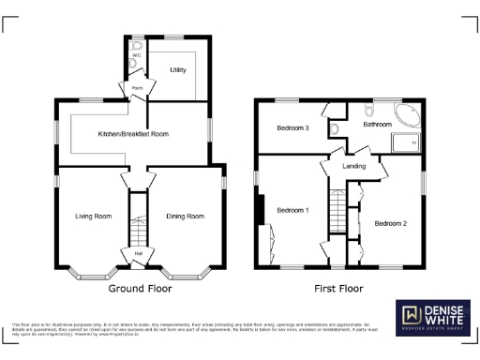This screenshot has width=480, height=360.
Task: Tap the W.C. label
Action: pyautogui.click(x=136, y=54)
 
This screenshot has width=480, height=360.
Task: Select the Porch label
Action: pyautogui.click(x=137, y=91)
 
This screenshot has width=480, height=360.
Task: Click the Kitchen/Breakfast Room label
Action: pyautogui.click(x=133, y=135)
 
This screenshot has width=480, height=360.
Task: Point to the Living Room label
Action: pyautogui.click(x=94, y=216)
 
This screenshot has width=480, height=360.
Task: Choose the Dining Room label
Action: pyautogui.click(x=185, y=216)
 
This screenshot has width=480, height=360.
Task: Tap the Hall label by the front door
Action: pyautogui.click(x=138, y=253)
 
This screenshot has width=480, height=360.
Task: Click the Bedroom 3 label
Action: pyautogui.click(x=292, y=127)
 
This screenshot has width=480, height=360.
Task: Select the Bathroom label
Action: pyautogui.click(x=377, y=124)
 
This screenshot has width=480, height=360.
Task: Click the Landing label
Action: pyautogui.click(x=354, y=166)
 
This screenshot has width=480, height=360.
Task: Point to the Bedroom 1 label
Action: pyautogui.click(x=292, y=210)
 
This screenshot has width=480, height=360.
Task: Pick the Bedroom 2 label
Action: pyautogui.click(x=391, y=223)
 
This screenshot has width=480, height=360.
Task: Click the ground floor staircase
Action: pyautogui.click(x=138, y=220)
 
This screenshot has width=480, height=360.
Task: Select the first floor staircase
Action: pyautogui.click(x=336, y=211)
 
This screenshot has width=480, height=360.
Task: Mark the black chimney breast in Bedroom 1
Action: pyautogui.click(x=259, y=208)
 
